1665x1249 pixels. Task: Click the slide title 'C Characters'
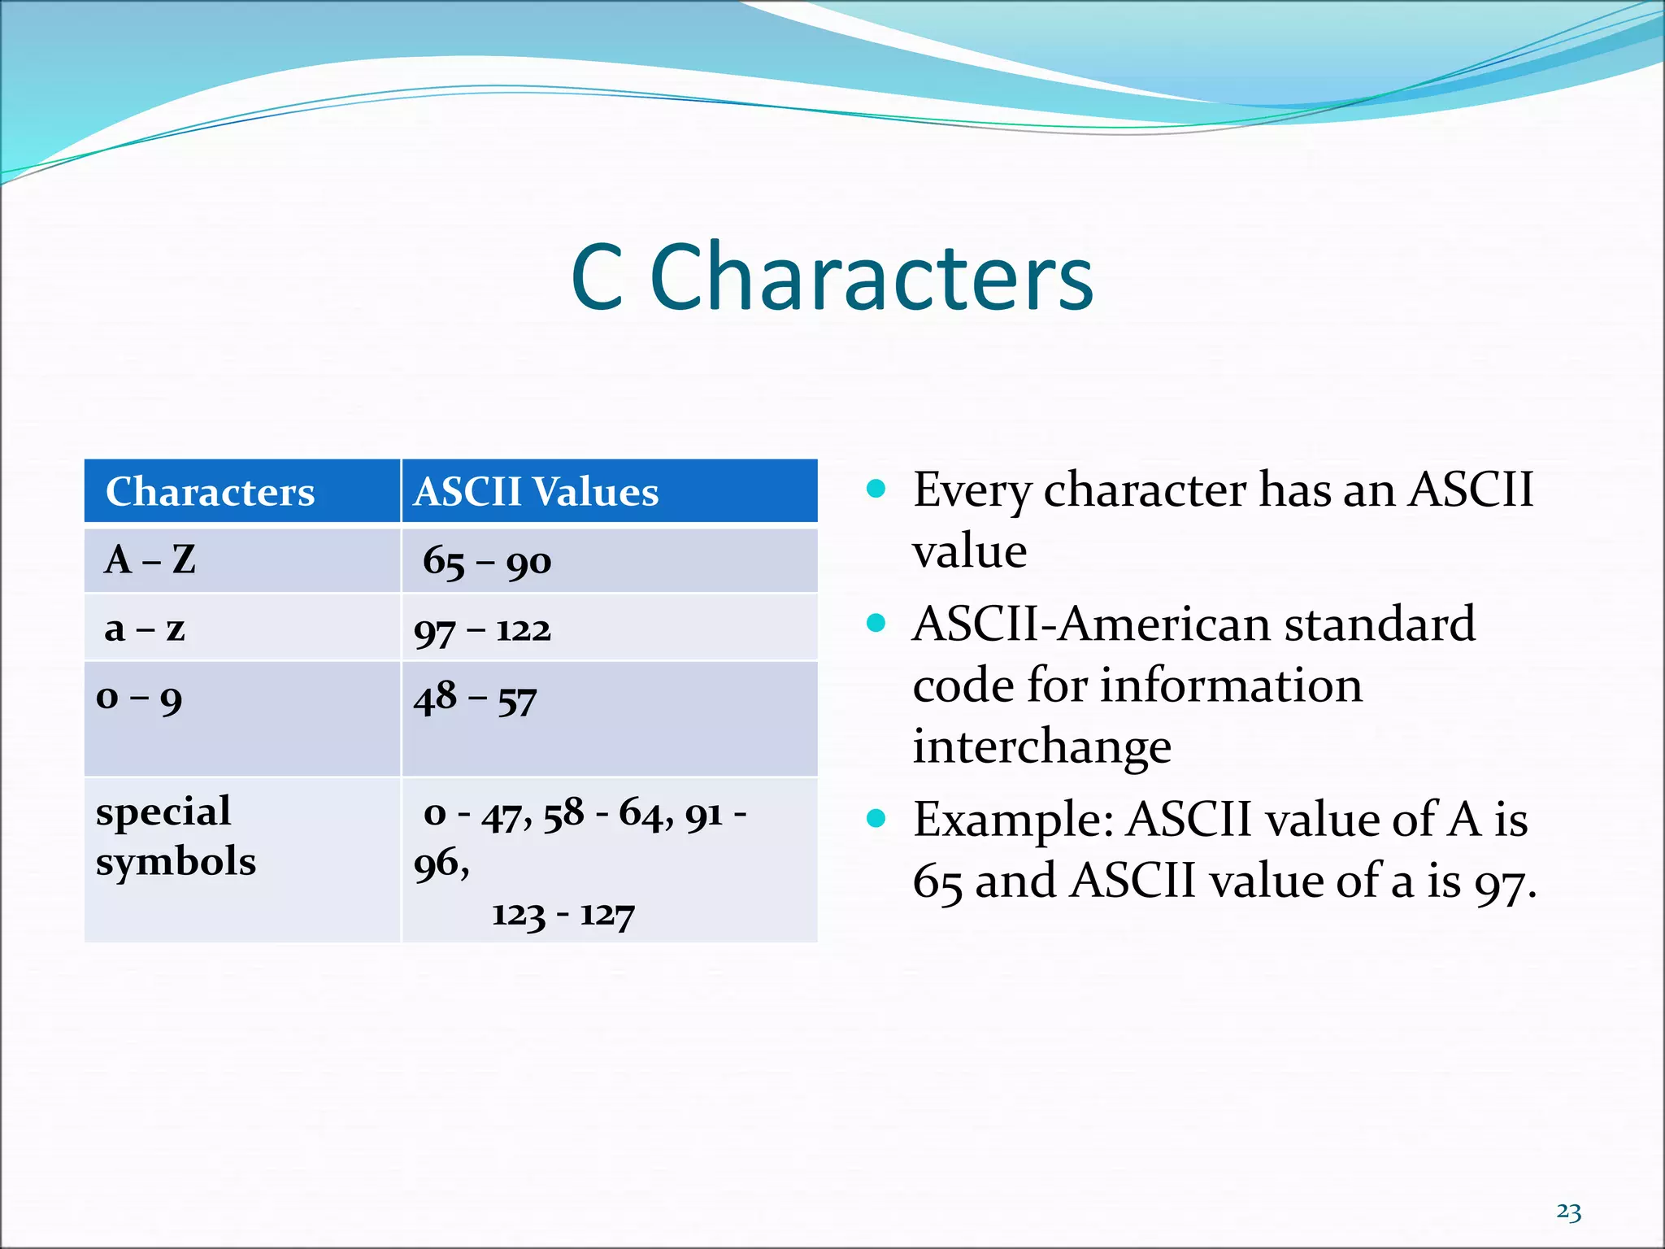(832, 277)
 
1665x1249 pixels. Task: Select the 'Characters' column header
(210, 492)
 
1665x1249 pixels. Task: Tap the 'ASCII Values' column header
(536, 492)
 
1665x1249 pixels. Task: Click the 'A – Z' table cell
(150, 560)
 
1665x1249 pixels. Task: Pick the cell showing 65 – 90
(487, 562)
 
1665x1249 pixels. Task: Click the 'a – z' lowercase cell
(145, 629)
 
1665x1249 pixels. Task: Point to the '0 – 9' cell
(139, 698)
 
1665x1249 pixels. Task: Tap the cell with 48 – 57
(476, 699)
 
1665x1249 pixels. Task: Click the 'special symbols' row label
(176, 836)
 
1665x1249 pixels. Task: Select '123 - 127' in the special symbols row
(563, 915)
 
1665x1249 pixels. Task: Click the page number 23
(1568, 1212)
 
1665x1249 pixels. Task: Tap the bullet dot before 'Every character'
(876, 489)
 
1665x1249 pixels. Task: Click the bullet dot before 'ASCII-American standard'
(876, 624)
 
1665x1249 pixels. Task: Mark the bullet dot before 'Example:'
(876, 818)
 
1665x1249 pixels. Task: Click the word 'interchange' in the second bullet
(1041, 746)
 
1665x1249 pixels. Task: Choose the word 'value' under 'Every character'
(969, 551)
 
